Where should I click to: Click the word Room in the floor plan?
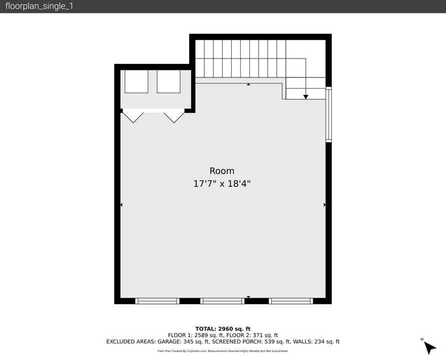[x=222, y=171]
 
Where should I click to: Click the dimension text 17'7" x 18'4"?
[x=222, y=184]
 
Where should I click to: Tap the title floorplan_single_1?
[x=39, y=6]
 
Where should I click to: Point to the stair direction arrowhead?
[x=306, y=96]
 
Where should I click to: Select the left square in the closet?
[x=136, y=81]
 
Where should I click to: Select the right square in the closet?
[x=168, y=81]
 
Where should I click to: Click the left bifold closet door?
[x=133, y=117]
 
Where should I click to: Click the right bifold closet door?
[x=174, y=117]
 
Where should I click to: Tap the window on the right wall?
[x=328, y=114]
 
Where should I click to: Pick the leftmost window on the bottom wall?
[x=157, y=301]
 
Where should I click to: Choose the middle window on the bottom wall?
[x=222, y=301]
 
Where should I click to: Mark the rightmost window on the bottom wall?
[x=291, y=301]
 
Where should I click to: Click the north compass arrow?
[x=429, y=347]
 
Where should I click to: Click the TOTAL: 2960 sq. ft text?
[x=223, y=328]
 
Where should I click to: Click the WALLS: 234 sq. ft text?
[x=316, y=342]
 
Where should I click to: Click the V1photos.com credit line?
[x=223, y=351]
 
